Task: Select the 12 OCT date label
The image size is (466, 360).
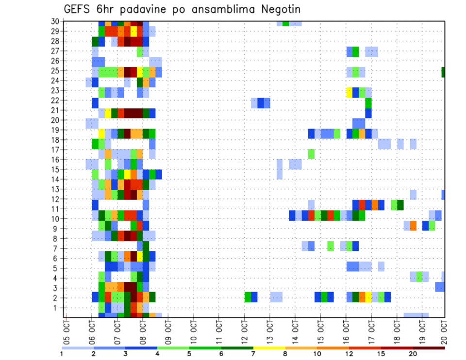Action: [x=244, y=326]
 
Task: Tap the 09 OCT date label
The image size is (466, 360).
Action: [x=168, y=326]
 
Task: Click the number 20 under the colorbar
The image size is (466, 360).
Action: [x=413, y=354]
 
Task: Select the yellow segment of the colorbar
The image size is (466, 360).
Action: [x=269, y=348]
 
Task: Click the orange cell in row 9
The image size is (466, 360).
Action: [x=413, y=226]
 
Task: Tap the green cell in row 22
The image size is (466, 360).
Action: [x=368, y=103]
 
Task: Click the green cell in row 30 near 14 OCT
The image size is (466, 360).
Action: [x=285, y=23]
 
